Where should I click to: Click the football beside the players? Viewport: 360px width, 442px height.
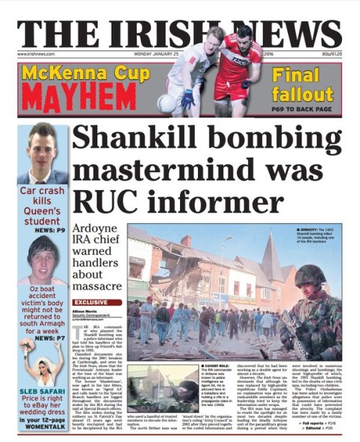tap(166, 104)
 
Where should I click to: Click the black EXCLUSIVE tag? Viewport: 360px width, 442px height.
tap(90, 303)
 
